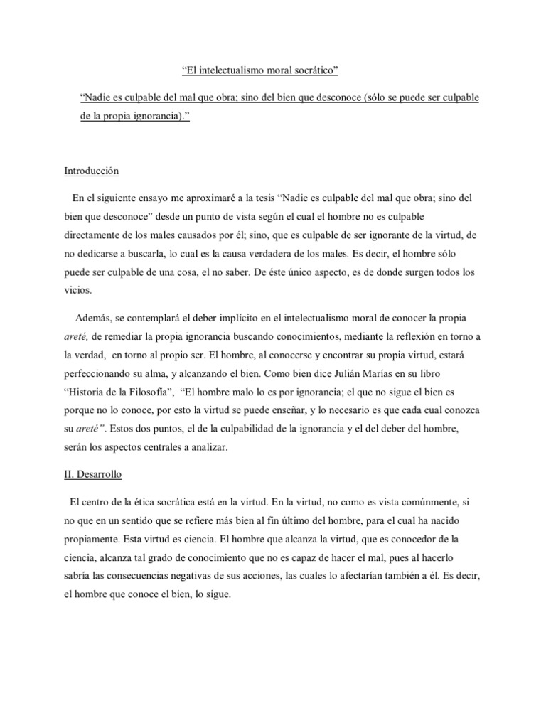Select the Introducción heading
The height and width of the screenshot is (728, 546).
92,171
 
